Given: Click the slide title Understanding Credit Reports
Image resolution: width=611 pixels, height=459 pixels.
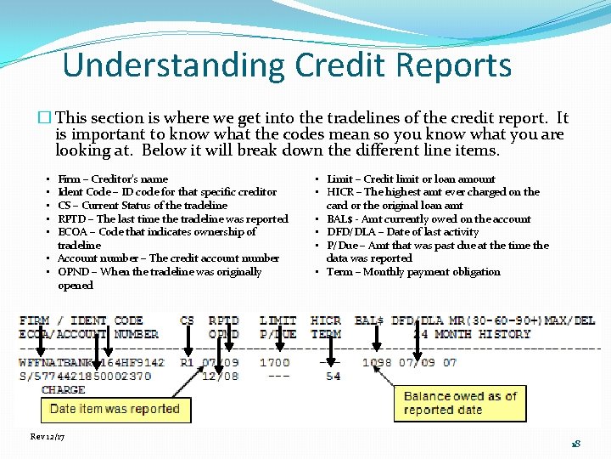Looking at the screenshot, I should (287, 65).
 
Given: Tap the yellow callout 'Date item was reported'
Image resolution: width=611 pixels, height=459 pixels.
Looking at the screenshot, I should (115, 408).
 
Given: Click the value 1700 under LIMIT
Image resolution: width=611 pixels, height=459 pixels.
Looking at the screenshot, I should (274, 362).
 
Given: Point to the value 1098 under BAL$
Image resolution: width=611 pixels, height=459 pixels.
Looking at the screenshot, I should (377, 362).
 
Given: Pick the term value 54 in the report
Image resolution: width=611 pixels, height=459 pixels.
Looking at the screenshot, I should (333, 376).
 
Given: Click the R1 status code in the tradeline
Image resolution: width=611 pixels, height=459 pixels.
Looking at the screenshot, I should (187, 362).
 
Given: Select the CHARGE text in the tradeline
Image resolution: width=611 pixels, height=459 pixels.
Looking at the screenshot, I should (64, 389).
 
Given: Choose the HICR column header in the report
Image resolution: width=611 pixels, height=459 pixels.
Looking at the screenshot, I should (326, 320).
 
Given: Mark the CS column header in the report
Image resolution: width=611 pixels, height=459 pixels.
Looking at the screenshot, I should (187, 320).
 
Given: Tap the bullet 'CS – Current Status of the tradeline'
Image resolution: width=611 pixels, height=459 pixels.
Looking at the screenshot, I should (143, 205).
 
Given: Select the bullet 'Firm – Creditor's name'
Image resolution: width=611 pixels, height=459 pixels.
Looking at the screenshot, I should (113, 178).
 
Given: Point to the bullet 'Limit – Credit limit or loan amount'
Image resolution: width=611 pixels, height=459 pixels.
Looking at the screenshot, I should (411, 178).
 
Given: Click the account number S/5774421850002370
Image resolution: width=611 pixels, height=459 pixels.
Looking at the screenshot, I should (85, 376).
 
